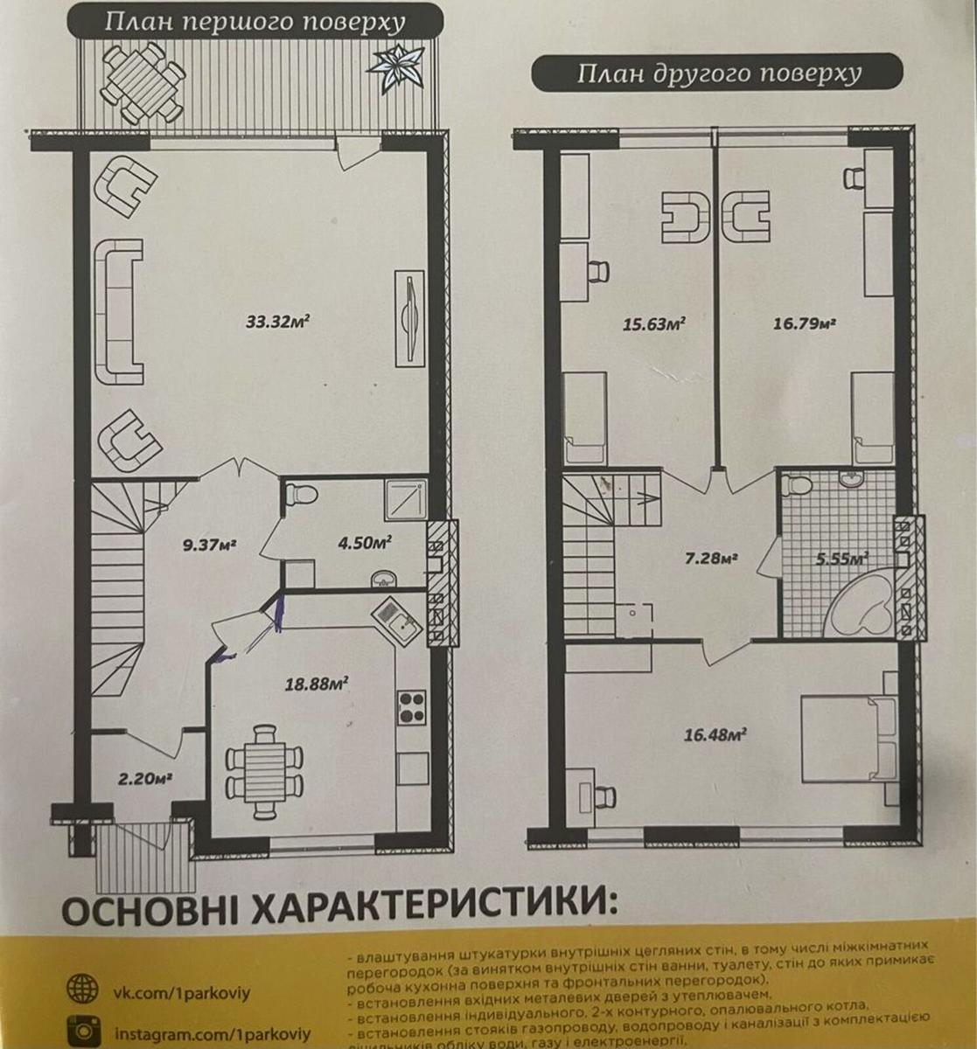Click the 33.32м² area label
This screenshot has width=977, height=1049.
pyautogui.click(x=278, y=321)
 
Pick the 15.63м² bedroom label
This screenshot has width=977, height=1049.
pyautogui.click(x=652, y=323)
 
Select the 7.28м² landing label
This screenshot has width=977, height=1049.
pyautogui.click(x=709, y=557)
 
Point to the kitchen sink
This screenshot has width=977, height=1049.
pyautogui.click(x=398, y=622)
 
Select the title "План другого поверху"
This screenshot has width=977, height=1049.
pyautogui.click(x=718, y=73)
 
